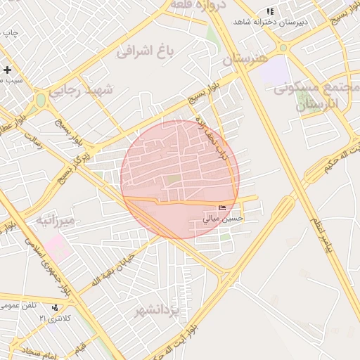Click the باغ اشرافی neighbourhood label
click(x=146, y=50)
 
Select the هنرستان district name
click(x=246, y=60)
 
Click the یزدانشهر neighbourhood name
click(x=160, y=309)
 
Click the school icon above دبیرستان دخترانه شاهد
click(x=270, y=11)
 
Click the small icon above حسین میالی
click(x=223, y=207)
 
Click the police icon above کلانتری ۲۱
click(x=55, y=307)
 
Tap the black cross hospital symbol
click(x=8, y=70)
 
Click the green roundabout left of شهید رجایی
click(x=41, y=101)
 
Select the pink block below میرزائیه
click(x=59, y=246)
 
